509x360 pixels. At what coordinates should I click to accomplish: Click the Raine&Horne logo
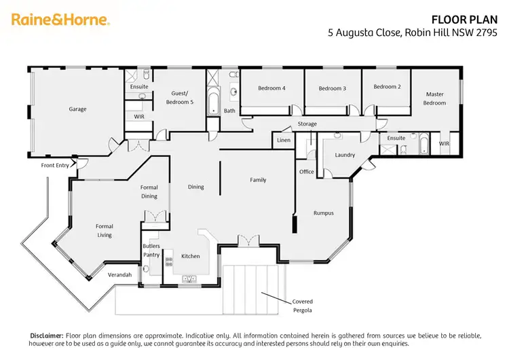click(60, 20)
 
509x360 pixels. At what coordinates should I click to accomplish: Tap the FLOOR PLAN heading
click(461, 20)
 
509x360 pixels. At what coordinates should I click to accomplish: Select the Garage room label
click(77, 109)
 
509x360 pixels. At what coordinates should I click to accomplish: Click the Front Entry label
click(56, 165)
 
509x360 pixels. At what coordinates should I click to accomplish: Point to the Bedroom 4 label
click(271, 88)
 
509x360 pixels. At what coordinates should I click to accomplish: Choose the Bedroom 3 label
click(333, 88)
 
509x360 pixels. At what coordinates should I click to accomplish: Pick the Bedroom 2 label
click(387, 86)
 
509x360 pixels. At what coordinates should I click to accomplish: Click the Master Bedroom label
click(435, 98)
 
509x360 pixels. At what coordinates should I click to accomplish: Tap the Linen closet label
click(284, 141)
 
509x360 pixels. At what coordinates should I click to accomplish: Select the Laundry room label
click(345, 155)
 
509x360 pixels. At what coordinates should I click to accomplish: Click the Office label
click(307, 172)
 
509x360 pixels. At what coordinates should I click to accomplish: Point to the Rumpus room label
click(323, 213)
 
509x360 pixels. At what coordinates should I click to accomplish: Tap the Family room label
click(258, 180)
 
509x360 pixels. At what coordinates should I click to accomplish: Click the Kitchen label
click(191, 256)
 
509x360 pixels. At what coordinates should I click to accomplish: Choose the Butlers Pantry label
click(151, 251)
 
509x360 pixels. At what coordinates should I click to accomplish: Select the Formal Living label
click(105, 231)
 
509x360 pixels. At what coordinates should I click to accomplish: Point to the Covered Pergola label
click(303, 306)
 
